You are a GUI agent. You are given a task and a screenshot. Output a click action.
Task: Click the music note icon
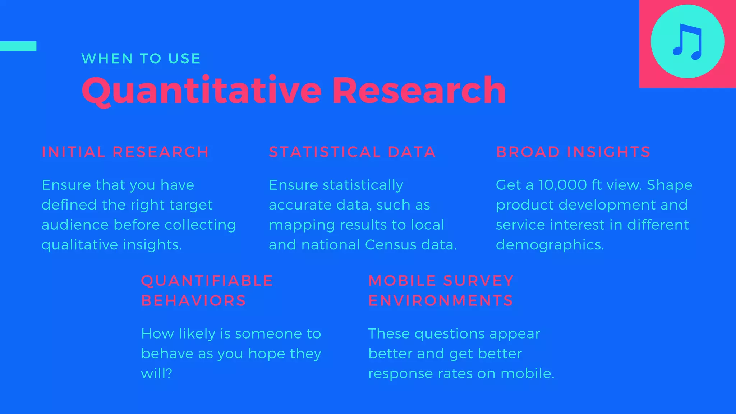687,42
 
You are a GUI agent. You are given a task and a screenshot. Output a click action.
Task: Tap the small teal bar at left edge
18,46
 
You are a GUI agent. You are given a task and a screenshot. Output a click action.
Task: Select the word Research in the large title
419,91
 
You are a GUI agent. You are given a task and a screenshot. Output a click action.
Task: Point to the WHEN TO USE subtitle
141,59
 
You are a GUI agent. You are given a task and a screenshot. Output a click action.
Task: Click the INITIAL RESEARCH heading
125,152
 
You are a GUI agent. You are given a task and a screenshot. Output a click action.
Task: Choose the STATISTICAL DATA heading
352,152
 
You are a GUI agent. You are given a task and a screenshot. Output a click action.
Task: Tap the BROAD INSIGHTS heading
573,152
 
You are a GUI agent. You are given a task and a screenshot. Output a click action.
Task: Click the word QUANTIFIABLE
207,281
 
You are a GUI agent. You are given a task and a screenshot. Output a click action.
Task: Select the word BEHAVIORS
193,301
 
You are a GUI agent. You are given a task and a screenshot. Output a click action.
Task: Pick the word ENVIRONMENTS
441,301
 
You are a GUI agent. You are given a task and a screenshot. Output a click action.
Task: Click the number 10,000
562,185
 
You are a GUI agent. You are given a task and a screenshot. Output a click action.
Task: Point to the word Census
391,245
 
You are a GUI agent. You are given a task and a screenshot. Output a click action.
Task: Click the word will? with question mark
156,373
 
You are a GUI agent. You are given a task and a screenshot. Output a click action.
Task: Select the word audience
75,225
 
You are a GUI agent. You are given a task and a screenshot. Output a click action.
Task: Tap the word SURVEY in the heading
478,281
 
